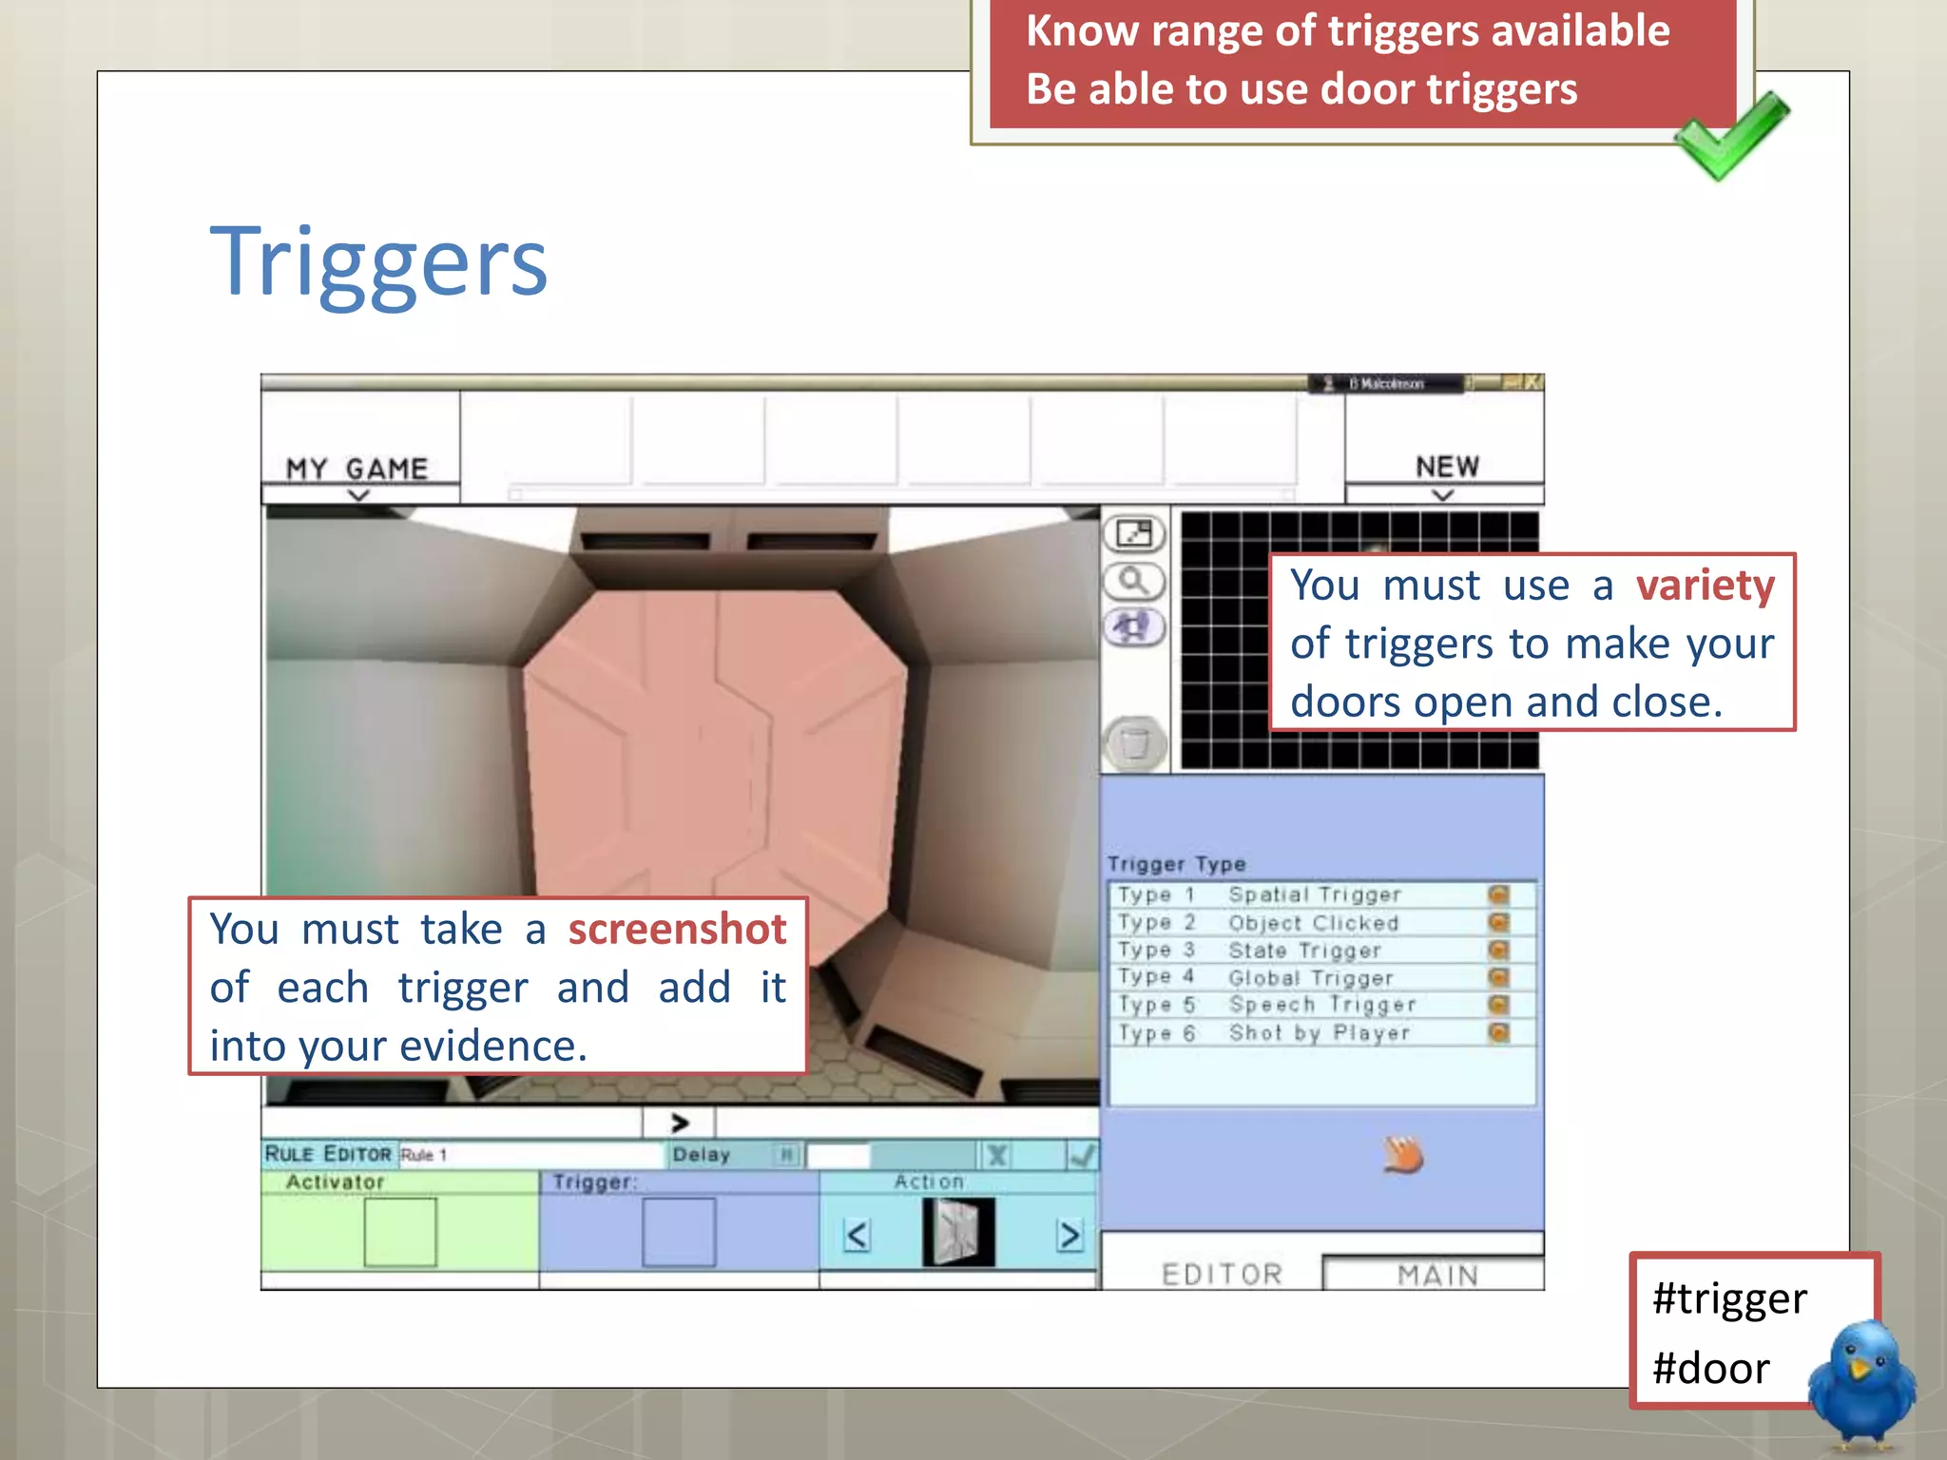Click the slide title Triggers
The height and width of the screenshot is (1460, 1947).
378,263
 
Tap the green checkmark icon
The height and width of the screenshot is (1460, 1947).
1730,135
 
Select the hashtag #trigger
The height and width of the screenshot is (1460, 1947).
1729,1298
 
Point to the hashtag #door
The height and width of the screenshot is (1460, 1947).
1710,1369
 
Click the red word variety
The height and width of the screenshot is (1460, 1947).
1705,585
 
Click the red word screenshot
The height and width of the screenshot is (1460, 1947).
677,929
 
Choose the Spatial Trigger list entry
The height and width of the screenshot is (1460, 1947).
1315,894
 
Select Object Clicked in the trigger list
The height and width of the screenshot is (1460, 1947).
1313,923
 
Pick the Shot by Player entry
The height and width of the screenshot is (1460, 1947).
1319,1033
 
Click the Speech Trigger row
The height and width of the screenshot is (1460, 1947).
1321,1005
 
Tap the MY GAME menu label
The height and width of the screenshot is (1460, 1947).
357,469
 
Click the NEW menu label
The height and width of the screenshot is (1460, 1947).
1447,467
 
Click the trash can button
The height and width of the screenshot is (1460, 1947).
1134,742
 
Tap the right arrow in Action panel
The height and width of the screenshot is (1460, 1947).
1070,1235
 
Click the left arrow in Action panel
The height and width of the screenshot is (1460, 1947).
857,1235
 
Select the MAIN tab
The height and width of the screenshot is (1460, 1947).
1437,1275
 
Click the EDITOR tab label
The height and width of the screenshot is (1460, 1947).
1223,1275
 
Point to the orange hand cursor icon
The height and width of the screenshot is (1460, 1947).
1403,1156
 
